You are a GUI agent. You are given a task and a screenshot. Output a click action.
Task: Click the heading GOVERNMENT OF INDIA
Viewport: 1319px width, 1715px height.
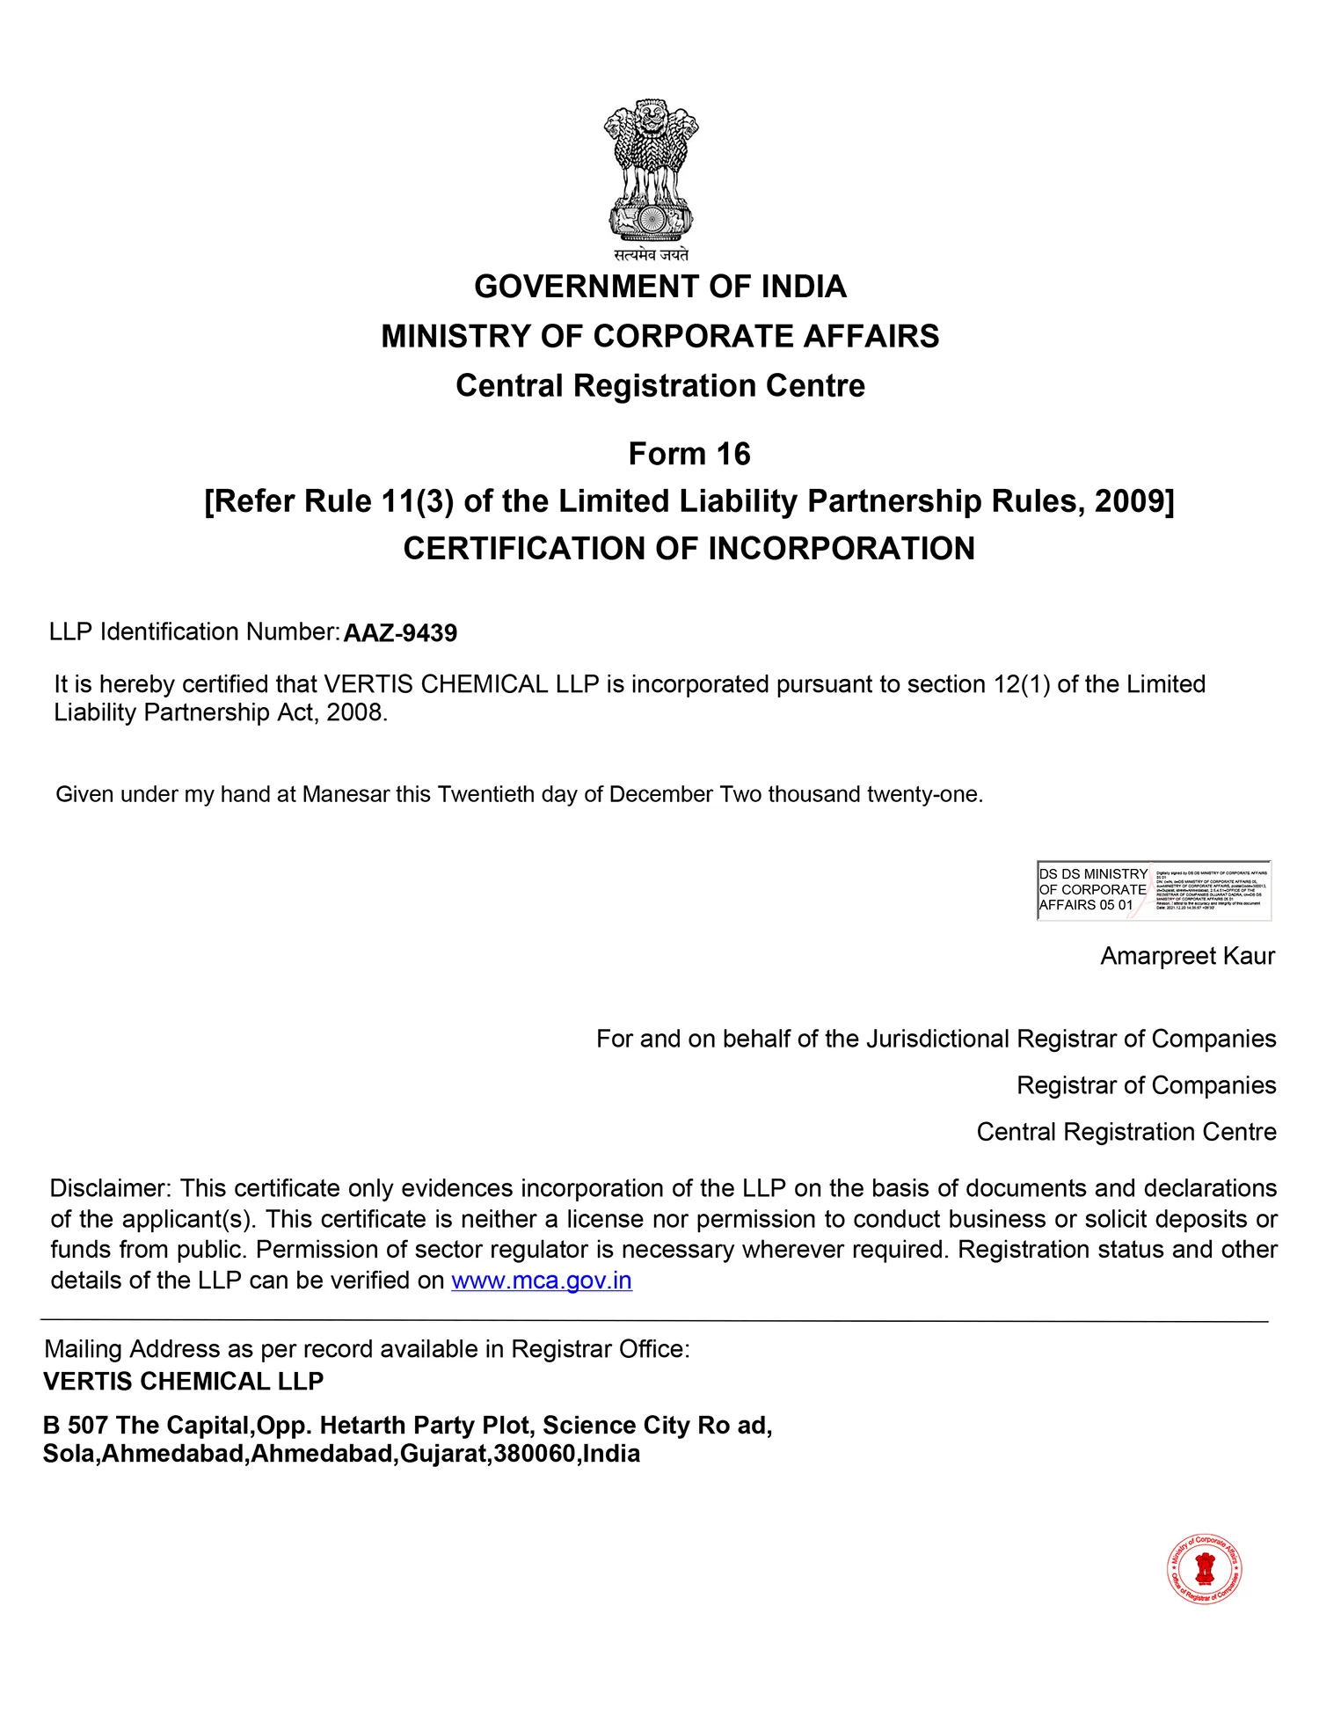(659, 287)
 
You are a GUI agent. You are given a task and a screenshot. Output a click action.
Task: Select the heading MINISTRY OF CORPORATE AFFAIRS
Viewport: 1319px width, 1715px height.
(659, 336)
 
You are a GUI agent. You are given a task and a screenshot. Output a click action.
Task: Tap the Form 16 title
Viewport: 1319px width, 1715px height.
(689, 454)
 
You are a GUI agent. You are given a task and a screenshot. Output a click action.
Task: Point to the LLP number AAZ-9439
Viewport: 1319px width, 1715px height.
(400, 633)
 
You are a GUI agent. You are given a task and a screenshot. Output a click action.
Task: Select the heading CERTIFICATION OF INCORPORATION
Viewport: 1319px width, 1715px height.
(689, 549)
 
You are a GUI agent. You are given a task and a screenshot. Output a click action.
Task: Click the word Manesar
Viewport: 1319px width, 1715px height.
(346, 794)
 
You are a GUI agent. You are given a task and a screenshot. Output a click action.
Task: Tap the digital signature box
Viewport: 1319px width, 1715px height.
(1154, 890)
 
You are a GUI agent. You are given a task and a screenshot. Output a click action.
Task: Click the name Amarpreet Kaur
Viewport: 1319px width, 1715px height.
(1187, 956)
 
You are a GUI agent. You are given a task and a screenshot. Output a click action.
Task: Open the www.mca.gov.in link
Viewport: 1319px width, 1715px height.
(542, 1281)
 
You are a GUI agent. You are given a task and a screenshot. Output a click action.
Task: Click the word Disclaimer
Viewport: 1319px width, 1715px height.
(110, 1188)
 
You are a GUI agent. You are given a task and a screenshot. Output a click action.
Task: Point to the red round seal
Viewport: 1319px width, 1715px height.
(1205, 1569)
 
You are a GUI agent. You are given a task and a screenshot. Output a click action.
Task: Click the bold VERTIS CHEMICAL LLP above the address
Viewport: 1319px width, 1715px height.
(183, 1382)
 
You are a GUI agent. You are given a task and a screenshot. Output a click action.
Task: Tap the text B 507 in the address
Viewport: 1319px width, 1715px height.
(76, 1425)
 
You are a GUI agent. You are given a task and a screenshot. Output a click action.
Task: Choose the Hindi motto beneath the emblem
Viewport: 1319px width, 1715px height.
(651, 255)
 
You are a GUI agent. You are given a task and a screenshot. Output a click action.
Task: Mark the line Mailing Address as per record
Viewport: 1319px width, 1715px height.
(367, 1349)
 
